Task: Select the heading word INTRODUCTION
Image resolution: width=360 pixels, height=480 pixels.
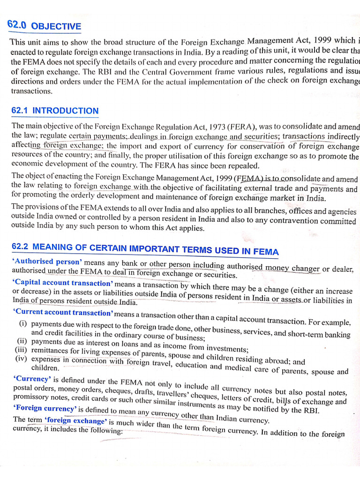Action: pyautogui.click(x=65, y=111)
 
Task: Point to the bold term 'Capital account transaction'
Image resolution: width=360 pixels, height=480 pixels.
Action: pyautogui.click(x=62, y=283)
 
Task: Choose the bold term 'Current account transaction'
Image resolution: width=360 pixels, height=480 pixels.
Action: pyautogui.click(x=63, y=312)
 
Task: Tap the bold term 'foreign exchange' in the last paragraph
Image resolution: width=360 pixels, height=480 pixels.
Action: pyautogui.click(x=75, y=420)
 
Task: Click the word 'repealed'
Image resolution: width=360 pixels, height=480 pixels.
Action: pyautogui.click(x=244, y=166)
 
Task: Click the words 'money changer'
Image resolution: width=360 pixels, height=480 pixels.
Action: pyautogui.click(x=292, y=268)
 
